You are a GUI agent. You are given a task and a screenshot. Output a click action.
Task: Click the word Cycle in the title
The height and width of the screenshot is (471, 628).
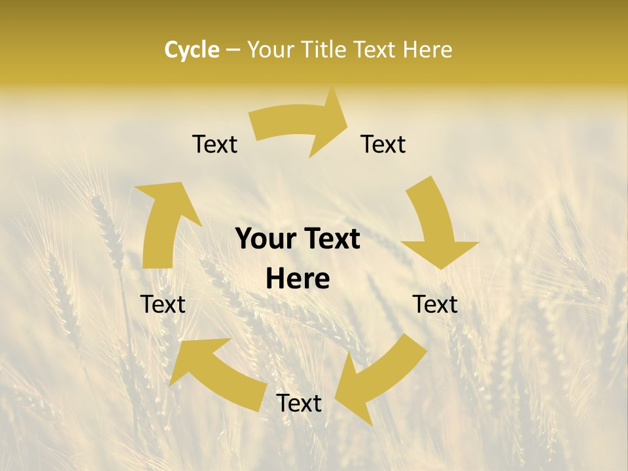pos(192,50)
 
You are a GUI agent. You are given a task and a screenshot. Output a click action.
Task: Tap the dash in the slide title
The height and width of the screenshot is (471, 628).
pos(234,50)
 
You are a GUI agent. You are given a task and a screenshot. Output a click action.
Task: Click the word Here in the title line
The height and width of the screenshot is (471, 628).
pos(427,50)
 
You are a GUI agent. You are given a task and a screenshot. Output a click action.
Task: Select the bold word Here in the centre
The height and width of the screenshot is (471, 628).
pos(298,279)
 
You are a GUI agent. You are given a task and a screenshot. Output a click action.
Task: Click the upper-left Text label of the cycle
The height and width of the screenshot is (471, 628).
pos(215,144)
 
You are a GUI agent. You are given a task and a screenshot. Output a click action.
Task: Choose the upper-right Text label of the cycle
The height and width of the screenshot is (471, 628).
pos(383,144)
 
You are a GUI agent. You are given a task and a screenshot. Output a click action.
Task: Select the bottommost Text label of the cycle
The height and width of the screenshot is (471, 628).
pos(299,404)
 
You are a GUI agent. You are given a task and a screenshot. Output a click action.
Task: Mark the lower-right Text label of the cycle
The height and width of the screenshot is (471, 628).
pos(435,304)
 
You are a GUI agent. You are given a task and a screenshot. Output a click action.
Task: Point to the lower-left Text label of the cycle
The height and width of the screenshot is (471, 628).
pos(163,304)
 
